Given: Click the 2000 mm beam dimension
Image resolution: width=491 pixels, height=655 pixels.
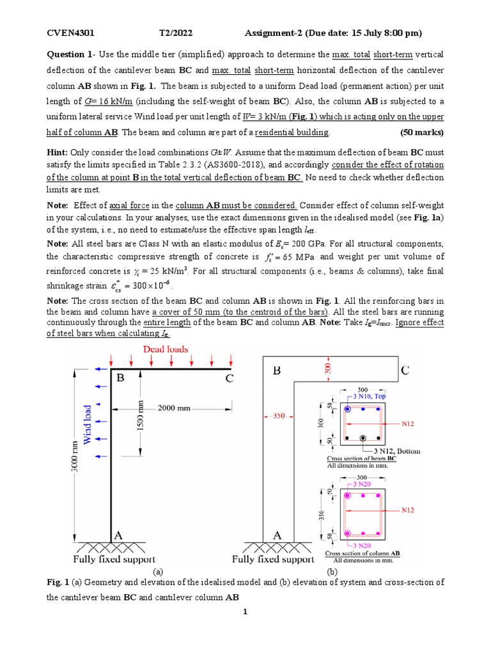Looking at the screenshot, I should (x=181, y=407).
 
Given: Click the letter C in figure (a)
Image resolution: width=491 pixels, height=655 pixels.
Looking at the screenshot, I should (x=229, y=379).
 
